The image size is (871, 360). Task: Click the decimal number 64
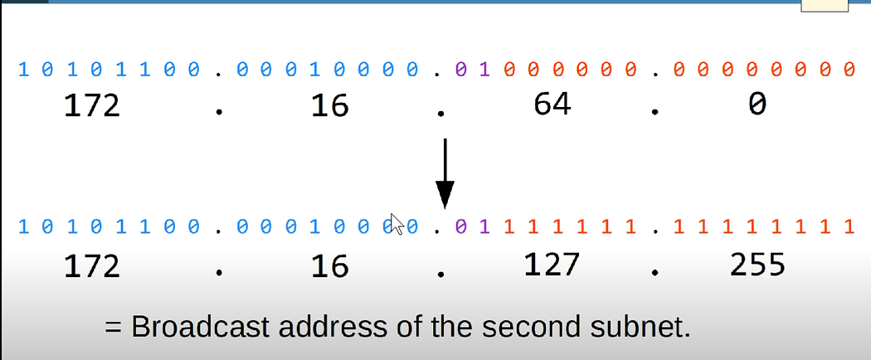[x=552, y=104]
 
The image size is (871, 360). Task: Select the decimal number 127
[x=553, y=264]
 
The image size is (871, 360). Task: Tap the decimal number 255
[x=757, y=264]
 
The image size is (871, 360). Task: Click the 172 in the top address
[x=91, y=105]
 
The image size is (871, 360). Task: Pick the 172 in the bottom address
[x=91, y=265]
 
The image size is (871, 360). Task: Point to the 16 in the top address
[x=330, y=105]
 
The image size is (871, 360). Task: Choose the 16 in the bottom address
[x=330, y=265]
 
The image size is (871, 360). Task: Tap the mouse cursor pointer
[x=397, y=224]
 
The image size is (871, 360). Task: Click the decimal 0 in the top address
[x=757, y=105]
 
